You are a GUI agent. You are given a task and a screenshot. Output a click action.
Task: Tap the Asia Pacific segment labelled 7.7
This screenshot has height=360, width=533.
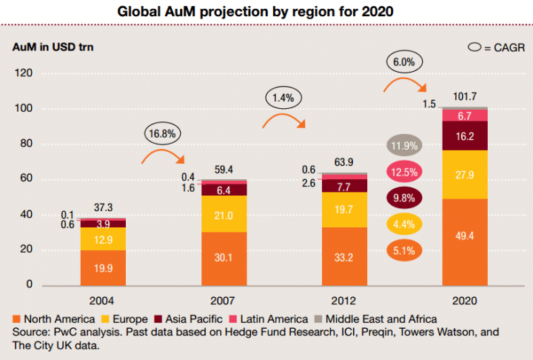tap(344, 187)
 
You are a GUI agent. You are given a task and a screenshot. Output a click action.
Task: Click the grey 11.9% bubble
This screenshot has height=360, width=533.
tap(403, 146)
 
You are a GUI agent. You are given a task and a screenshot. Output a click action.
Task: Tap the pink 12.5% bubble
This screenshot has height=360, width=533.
tap(403, 172)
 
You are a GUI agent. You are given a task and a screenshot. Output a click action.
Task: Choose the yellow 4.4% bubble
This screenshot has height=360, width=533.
tap(403, 224)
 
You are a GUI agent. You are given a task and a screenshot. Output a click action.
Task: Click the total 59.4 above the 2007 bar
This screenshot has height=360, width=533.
tap(223, 170)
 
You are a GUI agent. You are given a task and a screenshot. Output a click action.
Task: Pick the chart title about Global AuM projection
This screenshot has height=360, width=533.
tap(266, 12)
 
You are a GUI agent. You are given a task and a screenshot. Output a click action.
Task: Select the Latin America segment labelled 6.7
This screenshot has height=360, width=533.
tap(466, 116)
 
